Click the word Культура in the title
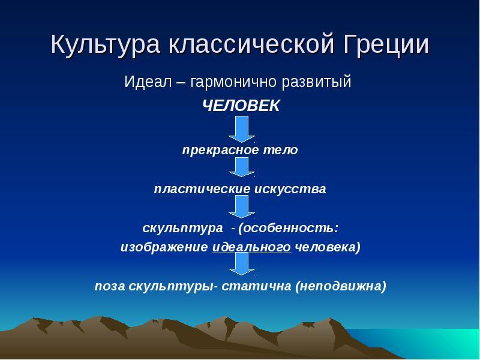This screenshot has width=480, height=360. [106, 44]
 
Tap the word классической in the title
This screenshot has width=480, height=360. [251, 44]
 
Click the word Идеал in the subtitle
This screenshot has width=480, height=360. [148, 82]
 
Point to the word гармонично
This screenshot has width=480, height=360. [233, 82]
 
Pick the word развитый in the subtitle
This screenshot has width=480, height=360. [317, 82]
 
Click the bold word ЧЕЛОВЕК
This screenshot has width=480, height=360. [241, 106]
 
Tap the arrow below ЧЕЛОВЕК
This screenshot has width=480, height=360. [242, 129]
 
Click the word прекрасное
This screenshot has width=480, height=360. [216, 150]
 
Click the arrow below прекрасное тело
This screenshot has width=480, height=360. [242, 167]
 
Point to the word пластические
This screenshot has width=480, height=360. [202, 189]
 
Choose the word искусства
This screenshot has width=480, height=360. [290, 189]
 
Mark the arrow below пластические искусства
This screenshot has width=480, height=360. [242, 207]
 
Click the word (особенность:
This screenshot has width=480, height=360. [289, 228]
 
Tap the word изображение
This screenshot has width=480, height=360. [164, 247]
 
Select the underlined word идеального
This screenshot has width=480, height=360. [251, 247]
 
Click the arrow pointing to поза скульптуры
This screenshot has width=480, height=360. [242, 264]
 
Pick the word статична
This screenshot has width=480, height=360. [256, 286]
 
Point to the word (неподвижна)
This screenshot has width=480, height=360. [341, 286]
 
